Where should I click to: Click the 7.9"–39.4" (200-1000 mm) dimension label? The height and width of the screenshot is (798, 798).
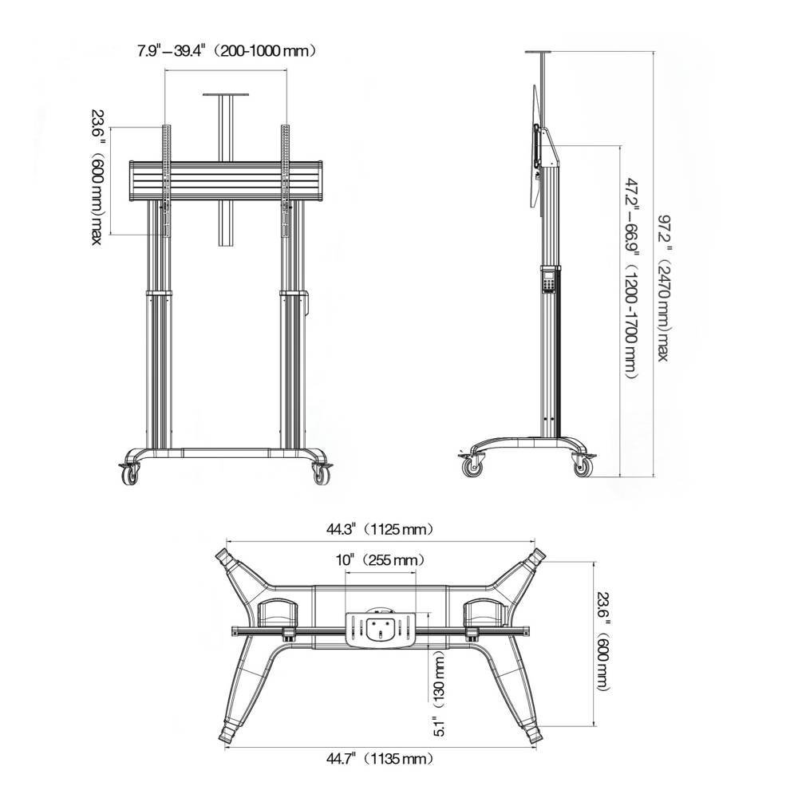(x=227, y=51)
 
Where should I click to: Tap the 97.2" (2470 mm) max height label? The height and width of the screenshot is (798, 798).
(x=664, y=289)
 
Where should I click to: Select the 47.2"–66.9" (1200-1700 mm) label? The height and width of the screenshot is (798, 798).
(x=631, y=278)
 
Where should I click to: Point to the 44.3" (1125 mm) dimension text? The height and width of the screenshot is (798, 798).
(x=380, y=530)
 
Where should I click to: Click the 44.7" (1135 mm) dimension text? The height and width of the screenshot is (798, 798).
(x=380, y=760)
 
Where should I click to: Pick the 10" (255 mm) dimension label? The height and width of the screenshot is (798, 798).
(x=380, y=560)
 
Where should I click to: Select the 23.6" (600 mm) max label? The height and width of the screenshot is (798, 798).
(x=97, y=178)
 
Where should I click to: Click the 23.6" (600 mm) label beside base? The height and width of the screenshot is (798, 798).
(x=602, y=642)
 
